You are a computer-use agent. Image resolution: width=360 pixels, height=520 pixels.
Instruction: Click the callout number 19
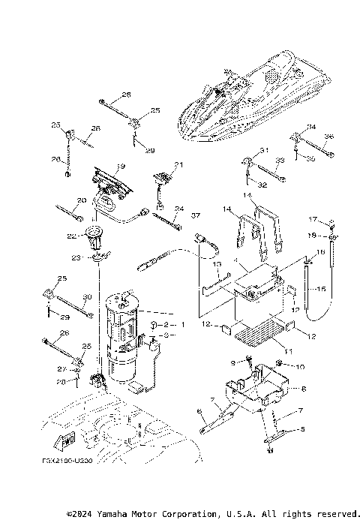point(120,167)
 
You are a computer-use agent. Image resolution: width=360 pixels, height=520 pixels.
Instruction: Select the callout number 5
point(303,429)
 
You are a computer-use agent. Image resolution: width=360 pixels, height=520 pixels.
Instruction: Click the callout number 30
point(87,296)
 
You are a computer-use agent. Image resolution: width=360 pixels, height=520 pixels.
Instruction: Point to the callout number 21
point(178,165)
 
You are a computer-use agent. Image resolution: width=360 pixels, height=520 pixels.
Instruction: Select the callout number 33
point(278,161)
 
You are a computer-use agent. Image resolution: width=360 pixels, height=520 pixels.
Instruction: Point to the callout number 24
point(179,209)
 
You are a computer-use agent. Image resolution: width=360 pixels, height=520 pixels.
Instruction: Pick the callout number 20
point(81,200)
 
